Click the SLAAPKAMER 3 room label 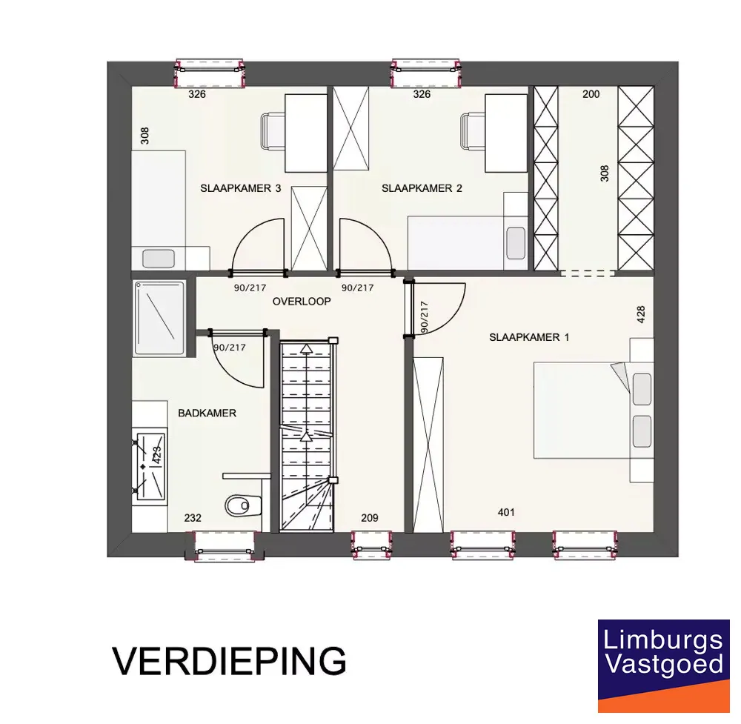pyautogui.click(x=241, y=188)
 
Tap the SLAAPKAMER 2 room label pyautogui.click(x=422, y=188)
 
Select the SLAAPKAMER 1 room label pyautogui.click(x=529, y=337)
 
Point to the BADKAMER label pyautogui.click(x=207, y=413)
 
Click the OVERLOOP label pyautogui.click(x=302, y=301)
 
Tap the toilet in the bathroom pyautogui.click(x=243, y=505)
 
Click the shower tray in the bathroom pyautogui.click(x=159, y=318)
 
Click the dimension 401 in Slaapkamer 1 pyautogui.click(x=506, y=512)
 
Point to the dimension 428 pyautogui.click(x=641, y=315)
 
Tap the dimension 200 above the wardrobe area pyautogui.click(x=591, y=94)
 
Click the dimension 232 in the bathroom pyautogui.click(x=193, y=518)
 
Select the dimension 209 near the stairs pyautogui.click(x=370, y=518)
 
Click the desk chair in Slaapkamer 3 pyautogui.click(x=273, y=131)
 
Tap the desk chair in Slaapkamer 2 pyautogui.click(x=473, y=131)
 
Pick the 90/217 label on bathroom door pyautogui.click(x=230, y=348)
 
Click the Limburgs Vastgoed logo pyautogui.click(x=663, y=665)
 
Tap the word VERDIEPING pyautogui.click(x=229, y=661)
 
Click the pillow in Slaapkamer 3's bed pyautogui.click(x=159, y=259)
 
